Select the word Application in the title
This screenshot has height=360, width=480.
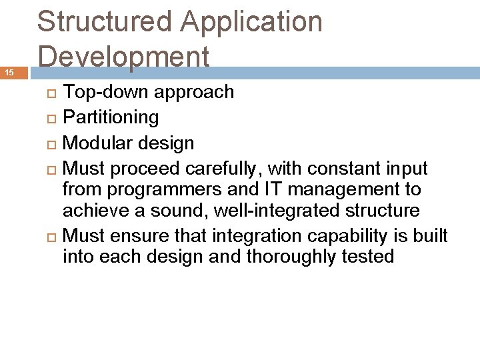(252, 23)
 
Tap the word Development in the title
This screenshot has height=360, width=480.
(124, 57)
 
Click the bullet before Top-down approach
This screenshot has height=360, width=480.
(53, 92)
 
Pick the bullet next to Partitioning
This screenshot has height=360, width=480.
(53, 118)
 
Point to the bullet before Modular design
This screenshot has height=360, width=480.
(53, 143)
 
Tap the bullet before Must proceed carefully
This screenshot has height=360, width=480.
(53, 169)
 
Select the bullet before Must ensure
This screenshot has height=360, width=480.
(53, 237)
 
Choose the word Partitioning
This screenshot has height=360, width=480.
(111, 118)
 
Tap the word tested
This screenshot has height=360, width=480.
(367, 257)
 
